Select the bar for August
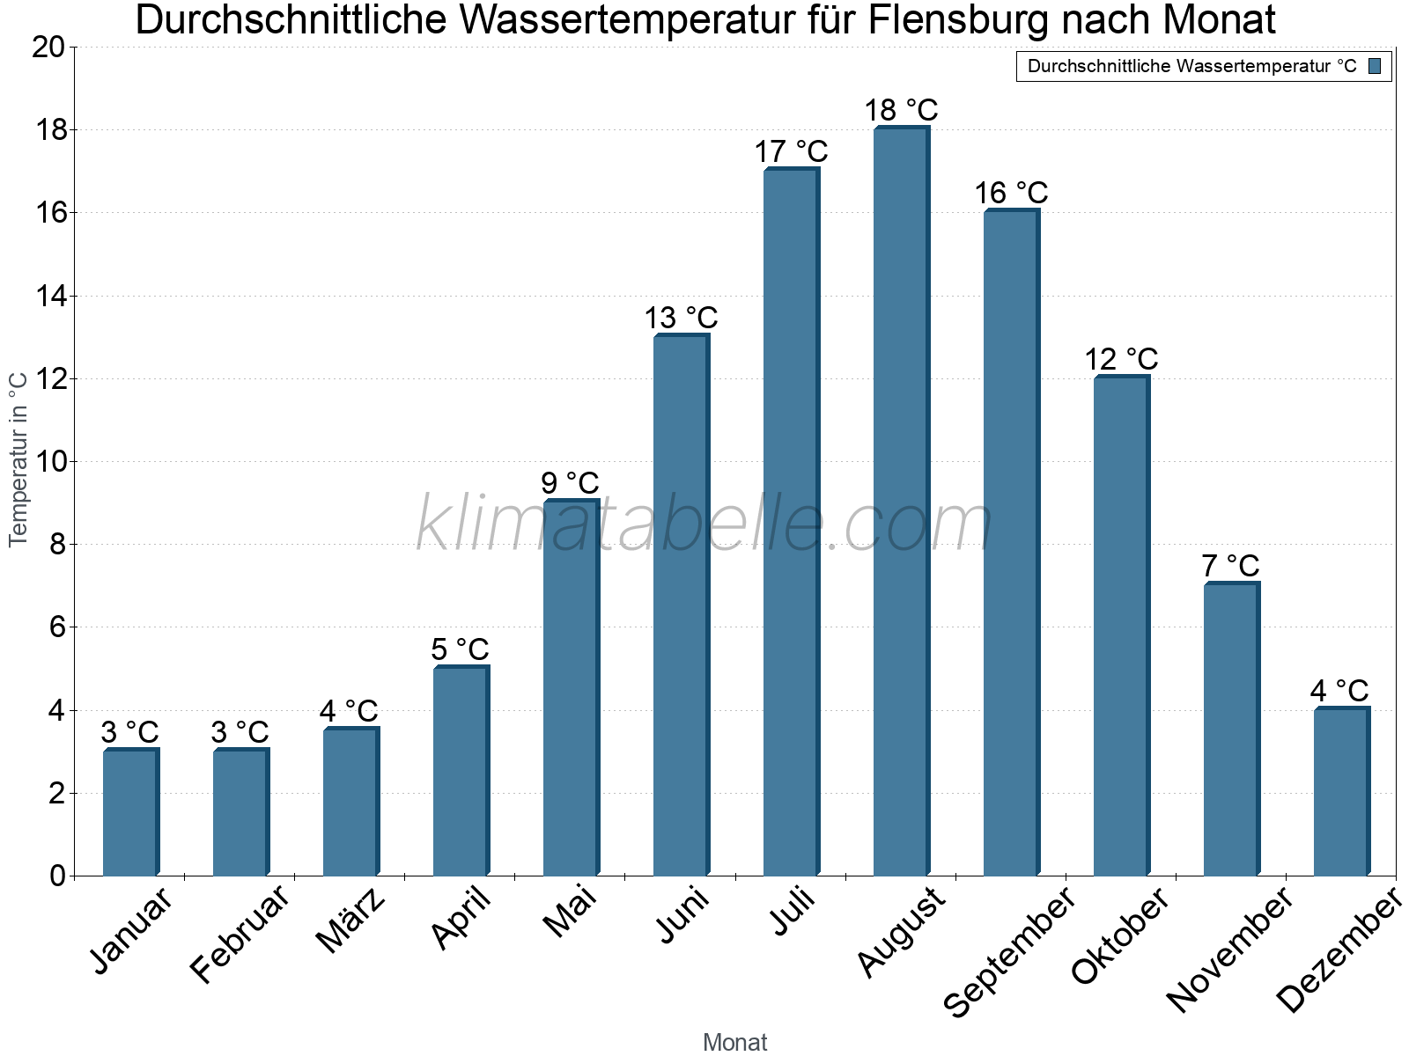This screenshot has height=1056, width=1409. pyautogui.click(x=900, y=502)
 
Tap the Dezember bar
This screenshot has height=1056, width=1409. pyautogui.click(x=1340, y=792)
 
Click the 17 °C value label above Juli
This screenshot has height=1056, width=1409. pyautogui.click(x=791, y=151)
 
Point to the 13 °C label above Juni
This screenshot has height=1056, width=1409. pyautogui.click(x=681, y=318)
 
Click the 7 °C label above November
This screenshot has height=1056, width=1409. pyautogui.click(x=1230, y=566)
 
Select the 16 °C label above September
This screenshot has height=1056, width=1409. pyautogui.click(x=1011, y=193)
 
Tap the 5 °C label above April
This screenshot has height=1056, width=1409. pyautogui.click(x=460, y=649)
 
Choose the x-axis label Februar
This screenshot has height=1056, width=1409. pyautogui.click(x=240, y=935)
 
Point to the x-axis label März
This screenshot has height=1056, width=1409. pyautogui.click(x=351, y=921)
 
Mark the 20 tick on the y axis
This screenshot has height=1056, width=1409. pyautogui.click(x=48, y=48)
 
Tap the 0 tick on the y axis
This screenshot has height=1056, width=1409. pyautogui.click(x=57, y=876)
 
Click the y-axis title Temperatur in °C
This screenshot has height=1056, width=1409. pyautogui.click(x=18, y=458)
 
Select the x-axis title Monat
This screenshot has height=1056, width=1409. pyautogui.click(x=734, y=1043)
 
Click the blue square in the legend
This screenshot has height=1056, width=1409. pyautogui.click(x=1375, y=66)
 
